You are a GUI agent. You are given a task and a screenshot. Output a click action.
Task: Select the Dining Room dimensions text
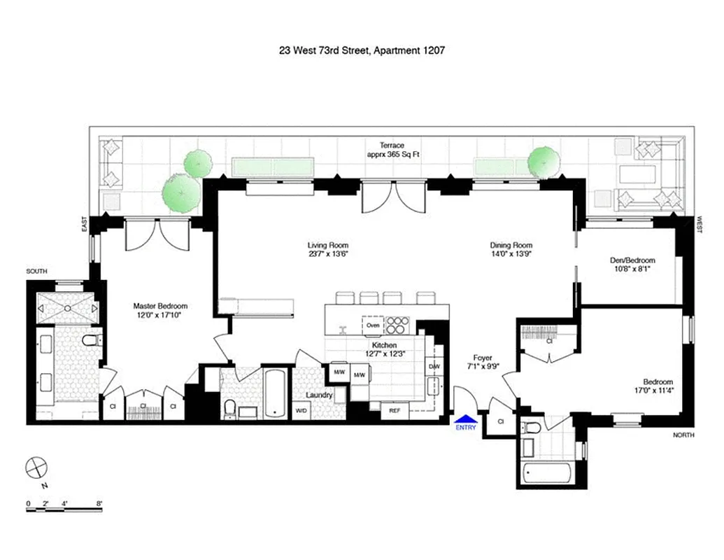pos(511,255)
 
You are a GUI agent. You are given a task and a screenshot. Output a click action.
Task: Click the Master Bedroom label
pos(161,306)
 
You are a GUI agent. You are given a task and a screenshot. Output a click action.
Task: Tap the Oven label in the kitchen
pos(373,325)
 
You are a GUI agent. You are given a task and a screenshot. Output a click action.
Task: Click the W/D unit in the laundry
pos(301,411)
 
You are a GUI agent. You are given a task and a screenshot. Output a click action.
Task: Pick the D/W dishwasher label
pos(434,366)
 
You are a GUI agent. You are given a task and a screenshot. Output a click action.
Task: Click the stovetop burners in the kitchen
pos(397,325)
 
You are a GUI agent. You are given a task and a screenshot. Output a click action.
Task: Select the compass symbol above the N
pos(36,468)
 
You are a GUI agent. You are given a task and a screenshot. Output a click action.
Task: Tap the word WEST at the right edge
pos(700,222)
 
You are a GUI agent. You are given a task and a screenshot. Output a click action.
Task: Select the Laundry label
pos(318,395)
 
